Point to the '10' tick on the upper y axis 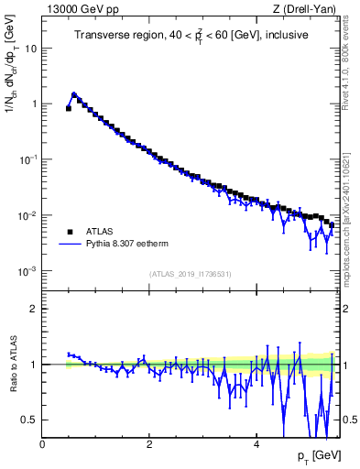point(30,49)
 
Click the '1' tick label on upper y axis point(33,104)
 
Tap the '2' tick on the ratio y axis point(33,309)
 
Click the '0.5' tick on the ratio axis point(29,420)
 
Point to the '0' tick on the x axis point(42,444)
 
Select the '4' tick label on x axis point(256,444)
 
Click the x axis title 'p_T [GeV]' point(317,456)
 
